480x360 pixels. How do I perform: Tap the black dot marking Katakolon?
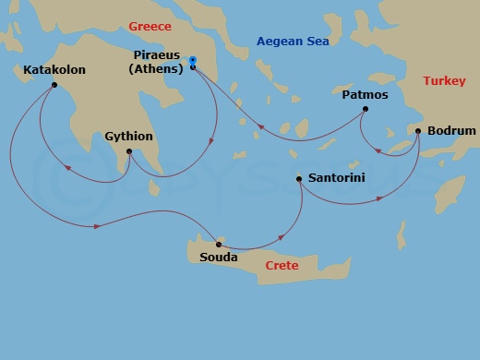(54, 86)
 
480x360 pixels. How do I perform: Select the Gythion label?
(129, 135)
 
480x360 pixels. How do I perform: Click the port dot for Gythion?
(128, 151)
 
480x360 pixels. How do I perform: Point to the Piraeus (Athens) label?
(155, 61)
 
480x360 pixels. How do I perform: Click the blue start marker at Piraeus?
(192, 61)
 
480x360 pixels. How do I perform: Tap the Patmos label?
(365, 94)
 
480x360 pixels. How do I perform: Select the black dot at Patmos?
(365, 110)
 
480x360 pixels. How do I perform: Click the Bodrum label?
(452, 131)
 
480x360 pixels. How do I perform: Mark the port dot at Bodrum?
(418, 131)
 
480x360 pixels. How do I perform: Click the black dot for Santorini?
(299, 179)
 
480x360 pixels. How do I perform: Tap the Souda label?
(218, 258)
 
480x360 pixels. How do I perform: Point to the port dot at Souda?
(217, 244)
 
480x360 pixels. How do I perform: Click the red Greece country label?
(150, 26)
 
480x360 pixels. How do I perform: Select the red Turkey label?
(444, 81)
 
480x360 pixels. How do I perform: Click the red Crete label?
(282, 265)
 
